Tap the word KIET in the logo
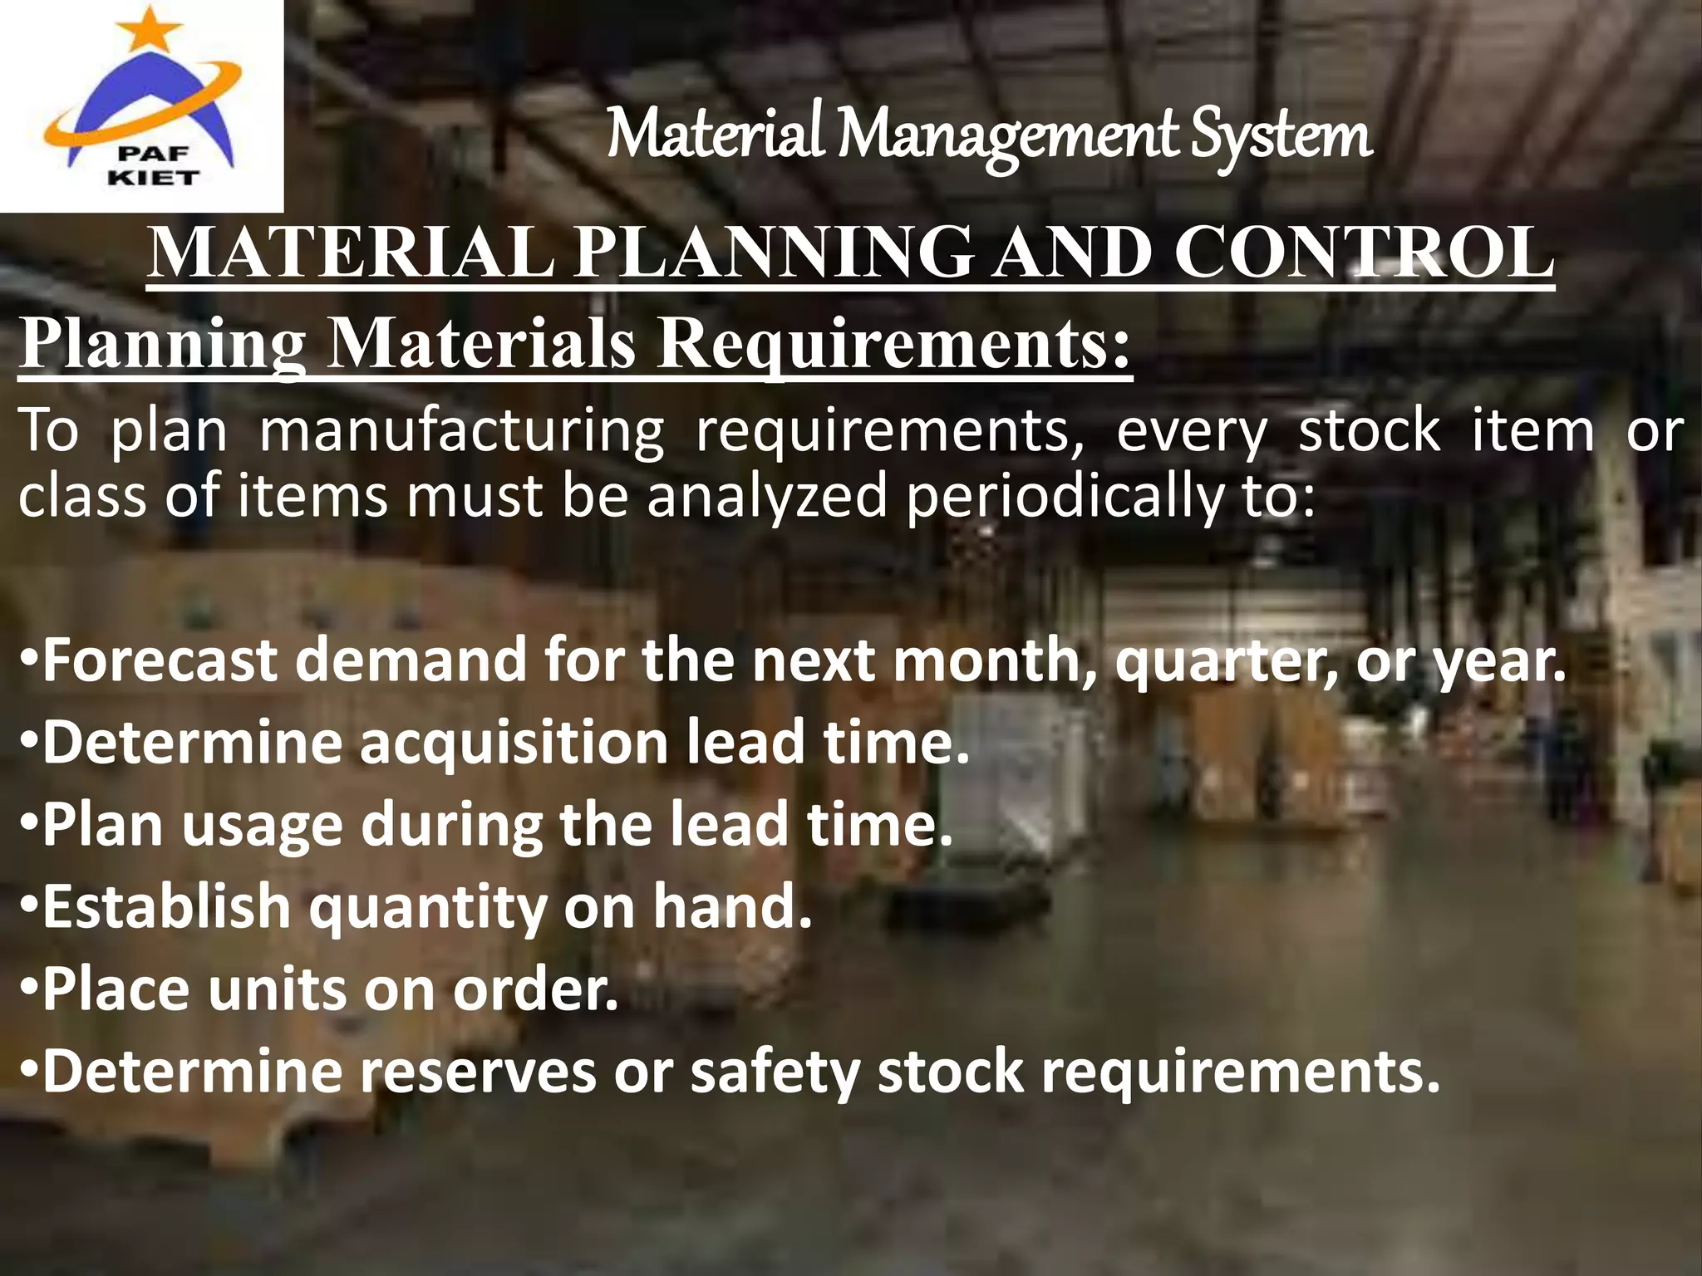pyautogui.click(x=154, y=177)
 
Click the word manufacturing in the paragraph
pyautogui.click(x=462, y=431)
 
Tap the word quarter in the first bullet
pyautogui.click(x=1225, y=660)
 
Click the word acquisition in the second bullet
pyautogui.click(x=514, y=742)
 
